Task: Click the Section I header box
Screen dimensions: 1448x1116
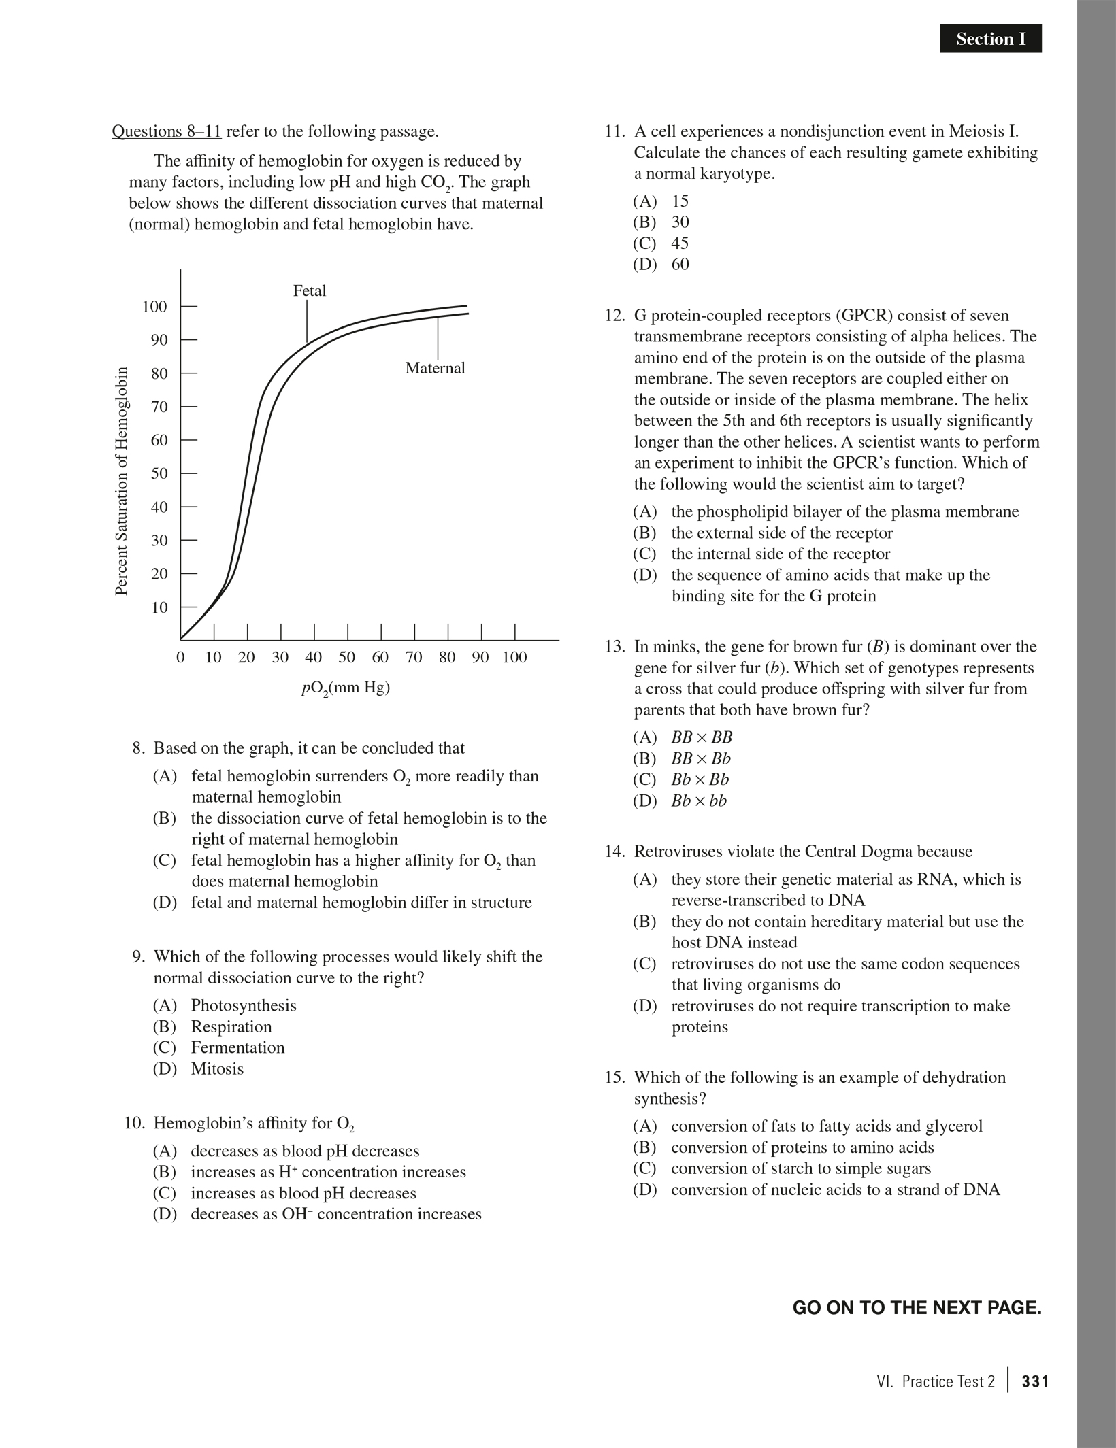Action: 990,39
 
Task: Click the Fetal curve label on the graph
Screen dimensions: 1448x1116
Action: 309,291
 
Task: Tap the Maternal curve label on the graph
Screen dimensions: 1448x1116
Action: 435,368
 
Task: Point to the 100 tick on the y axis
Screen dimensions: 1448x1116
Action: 154,307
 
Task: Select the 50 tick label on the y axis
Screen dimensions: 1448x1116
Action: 159,473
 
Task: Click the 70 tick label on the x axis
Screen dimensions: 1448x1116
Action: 414,658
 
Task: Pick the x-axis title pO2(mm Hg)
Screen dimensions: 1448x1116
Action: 346,688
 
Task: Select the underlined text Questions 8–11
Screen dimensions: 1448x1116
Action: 167,131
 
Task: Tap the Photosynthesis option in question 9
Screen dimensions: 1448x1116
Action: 243,1005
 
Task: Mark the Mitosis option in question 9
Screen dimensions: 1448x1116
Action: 216,1068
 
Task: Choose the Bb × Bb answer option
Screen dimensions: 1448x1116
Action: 699,779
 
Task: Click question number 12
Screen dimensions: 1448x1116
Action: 614,316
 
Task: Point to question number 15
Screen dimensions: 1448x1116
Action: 614,1077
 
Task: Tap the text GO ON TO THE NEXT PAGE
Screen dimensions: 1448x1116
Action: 917,1307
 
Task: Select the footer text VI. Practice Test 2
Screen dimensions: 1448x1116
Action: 936,1381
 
